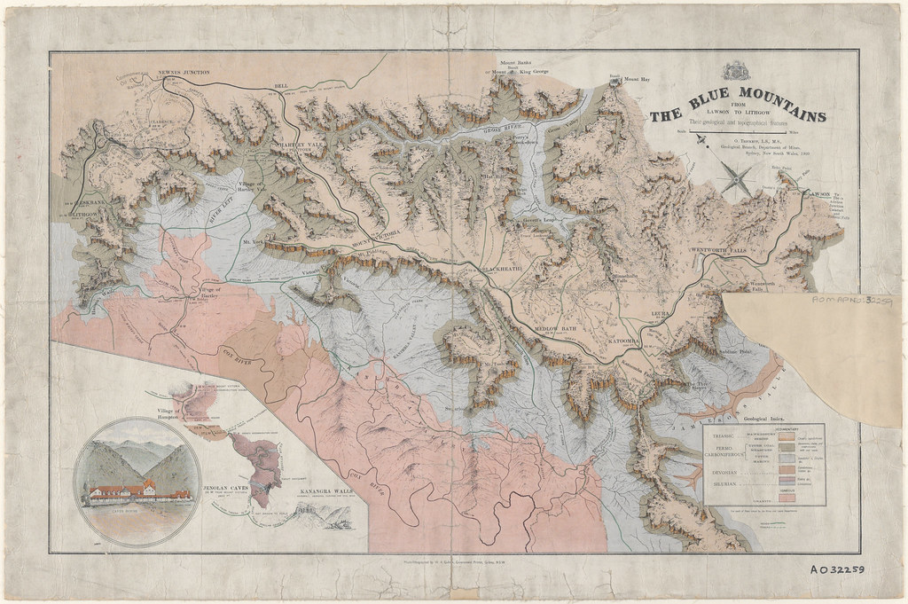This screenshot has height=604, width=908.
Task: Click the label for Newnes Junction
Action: (x=183, y=72)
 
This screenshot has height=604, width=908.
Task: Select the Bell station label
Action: (x=283, y=86)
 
